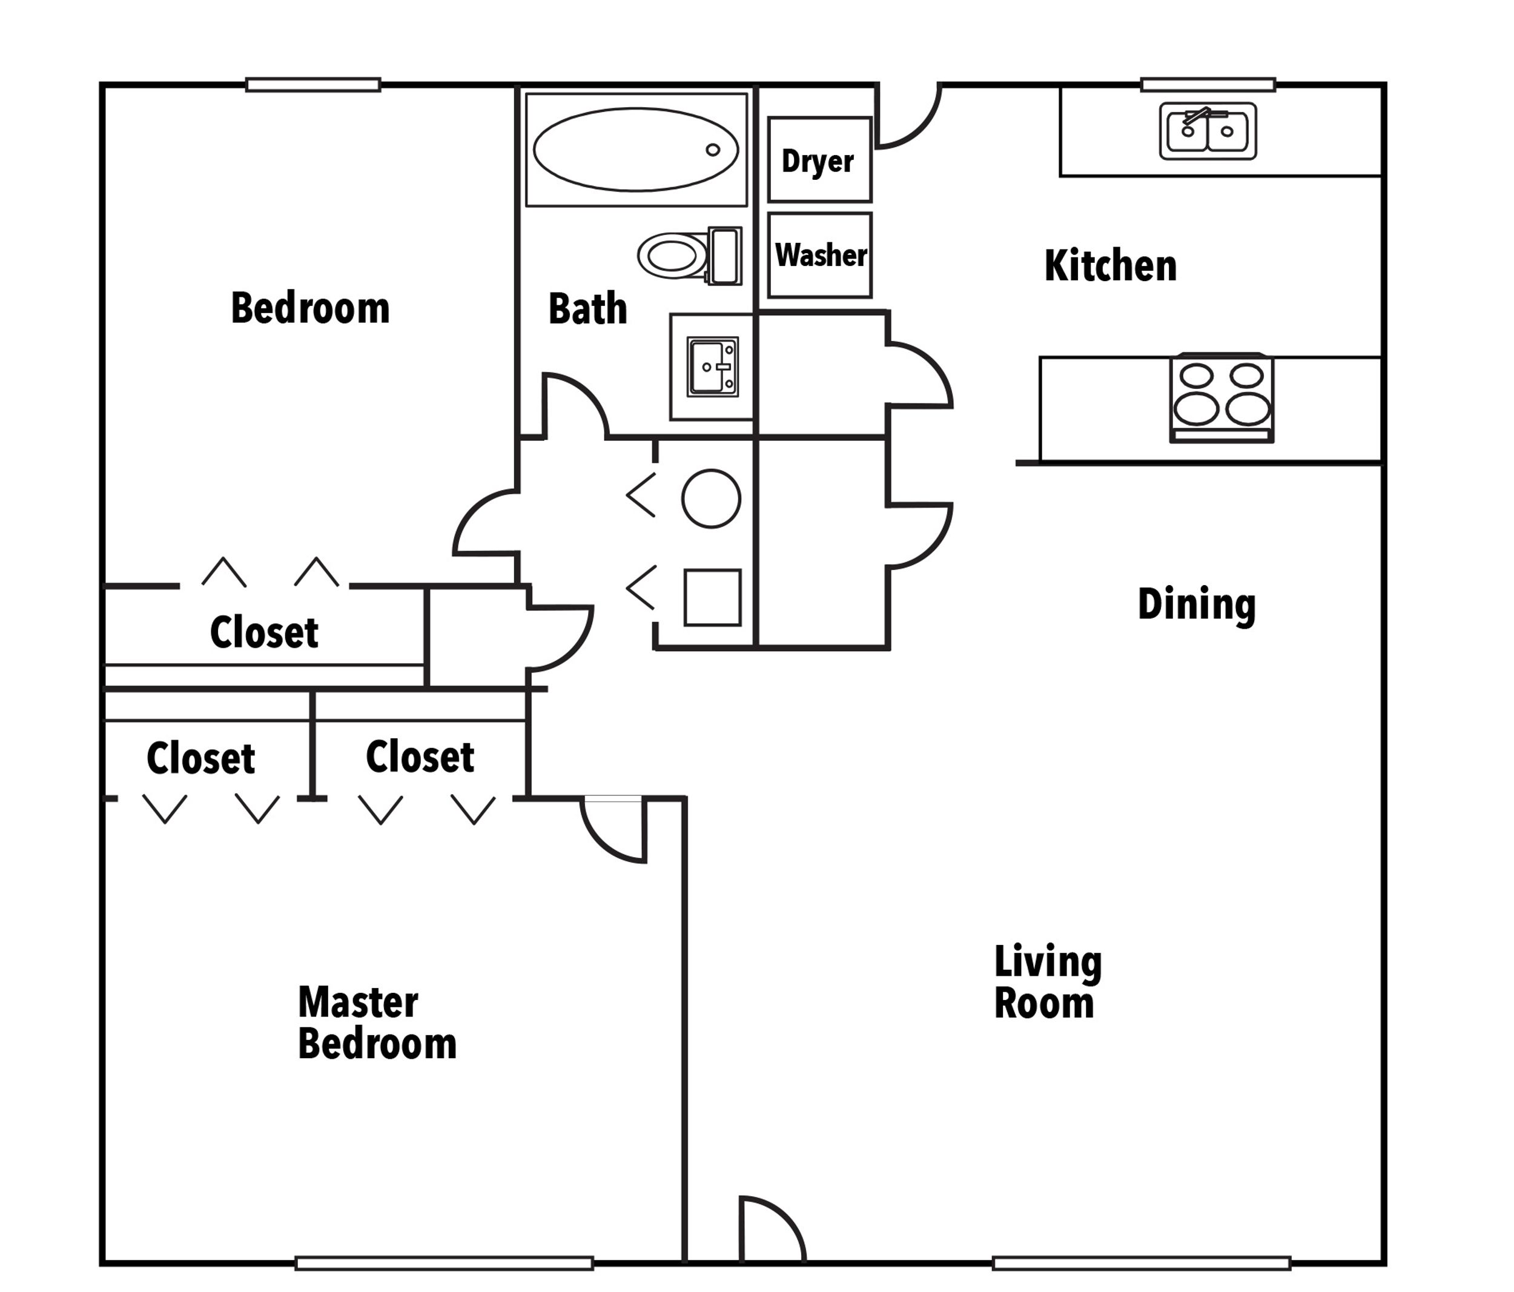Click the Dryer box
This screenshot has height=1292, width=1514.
pyautogui.click(x=819, y=159)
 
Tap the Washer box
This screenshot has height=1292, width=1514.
pyautogui.click(x=820, y=255)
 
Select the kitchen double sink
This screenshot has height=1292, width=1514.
pyautogui.click(x=1207, y=131)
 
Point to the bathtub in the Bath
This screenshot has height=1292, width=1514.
pyautogui.click(x=636, y=150)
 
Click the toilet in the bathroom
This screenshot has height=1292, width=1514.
pyautogui.click(x=689, y=256)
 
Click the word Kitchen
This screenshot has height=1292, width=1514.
pyautogui.click(x=1110, y=266)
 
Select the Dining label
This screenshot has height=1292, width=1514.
pyautogui.click(x=1196, y=605)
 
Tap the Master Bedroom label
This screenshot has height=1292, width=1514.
pyautogui.click(x=376, y=1022)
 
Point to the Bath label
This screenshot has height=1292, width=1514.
pyautogui.click(x=587, y=309)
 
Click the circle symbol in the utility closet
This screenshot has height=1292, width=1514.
pyautogui.click(x=711, y=499)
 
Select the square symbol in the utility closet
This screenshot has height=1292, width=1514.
pyautogui.click(x=712, y=597)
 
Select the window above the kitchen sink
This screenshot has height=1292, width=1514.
pyautogui.click(x=1208, y=85)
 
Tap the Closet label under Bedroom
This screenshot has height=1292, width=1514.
pyautogui.click(x=264, y=633)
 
